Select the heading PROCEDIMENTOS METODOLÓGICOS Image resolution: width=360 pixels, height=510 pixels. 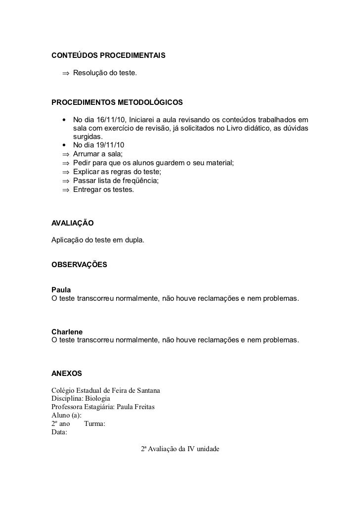pyautogui.click(x=117, y=102)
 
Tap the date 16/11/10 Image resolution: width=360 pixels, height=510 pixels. pyautogui.click(x=110, y=120)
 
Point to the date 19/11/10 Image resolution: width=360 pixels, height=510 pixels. pyautogui.click(x=111, y=145)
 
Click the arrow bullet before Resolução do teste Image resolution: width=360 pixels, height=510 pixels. pyautogui.click(x=65, y=74)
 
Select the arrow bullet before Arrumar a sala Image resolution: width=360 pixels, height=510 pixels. pyautogui.click(x=65, y=154)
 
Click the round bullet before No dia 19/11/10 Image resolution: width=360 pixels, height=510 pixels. pyautogui.click(x=64, y=145)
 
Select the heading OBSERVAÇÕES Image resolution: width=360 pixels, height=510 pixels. pyautogui.click(x=79, y=265)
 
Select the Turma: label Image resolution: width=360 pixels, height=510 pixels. pyautogui.click(x=94, y=424)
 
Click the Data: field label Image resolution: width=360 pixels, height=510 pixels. pyautogui.click(x=59, y=432)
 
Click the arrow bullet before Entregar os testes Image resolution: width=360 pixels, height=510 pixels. pyautogui.click(x=65, y=189)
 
